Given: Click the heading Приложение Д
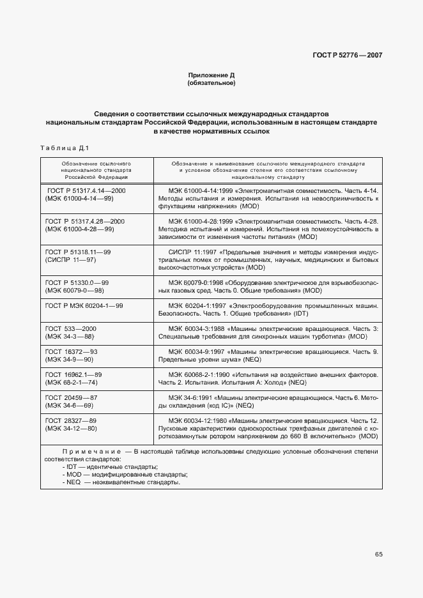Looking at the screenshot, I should point(211,75).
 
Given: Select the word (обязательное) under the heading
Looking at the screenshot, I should point(211,83).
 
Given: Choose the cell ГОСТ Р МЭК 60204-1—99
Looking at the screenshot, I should point(84,306).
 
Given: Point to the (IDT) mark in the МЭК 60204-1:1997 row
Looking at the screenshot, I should point(301,315).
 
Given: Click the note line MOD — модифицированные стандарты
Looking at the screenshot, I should point(125,474).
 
